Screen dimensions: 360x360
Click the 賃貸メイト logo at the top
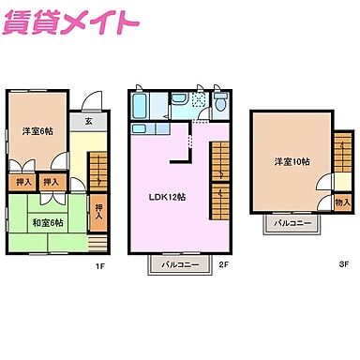tap(71, 23)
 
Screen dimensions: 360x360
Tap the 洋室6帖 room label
tap(37, 131)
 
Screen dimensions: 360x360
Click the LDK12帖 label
tap(169, 198)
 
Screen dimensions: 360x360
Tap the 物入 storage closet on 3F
tap(342, 202)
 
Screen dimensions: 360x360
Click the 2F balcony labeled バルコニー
tap(178, 265)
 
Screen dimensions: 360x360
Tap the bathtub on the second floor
tap(142, 101)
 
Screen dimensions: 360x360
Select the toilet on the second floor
tap(220, 101)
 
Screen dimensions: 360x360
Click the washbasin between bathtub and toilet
tap(179, 97)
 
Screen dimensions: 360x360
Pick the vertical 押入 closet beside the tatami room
tap(99, 212)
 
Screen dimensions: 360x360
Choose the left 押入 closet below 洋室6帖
tap(23, 182)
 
